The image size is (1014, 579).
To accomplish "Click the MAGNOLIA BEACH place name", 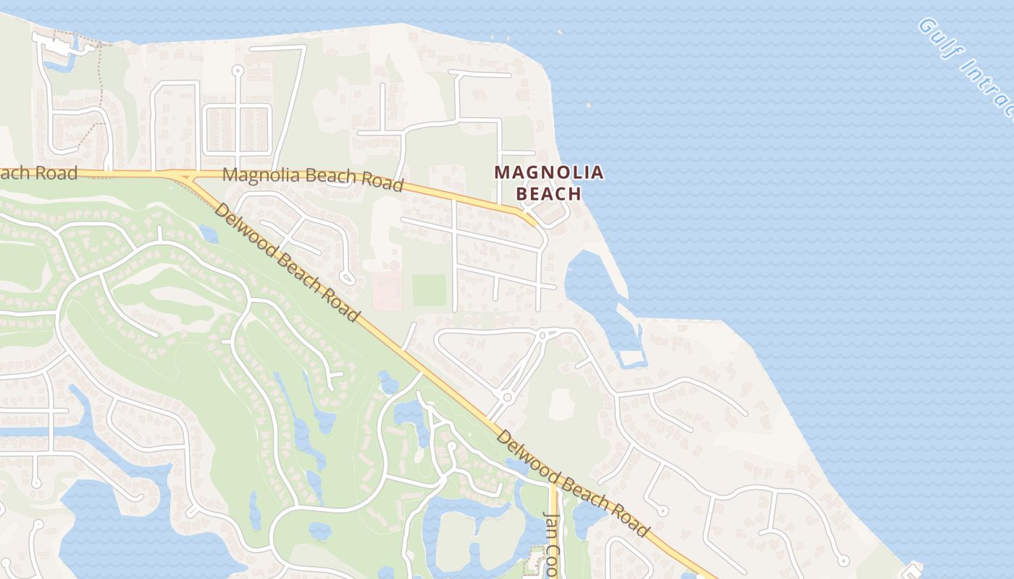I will click(548, 182).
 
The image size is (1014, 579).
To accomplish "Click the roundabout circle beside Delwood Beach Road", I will click(507, 397).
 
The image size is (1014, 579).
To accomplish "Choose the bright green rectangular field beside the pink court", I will click(430, 289).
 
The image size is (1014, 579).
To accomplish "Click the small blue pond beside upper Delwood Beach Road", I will click(208, 233).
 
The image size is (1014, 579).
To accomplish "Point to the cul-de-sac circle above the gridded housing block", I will click(238, 70).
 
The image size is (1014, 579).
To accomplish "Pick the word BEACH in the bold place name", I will click(548, 193).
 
